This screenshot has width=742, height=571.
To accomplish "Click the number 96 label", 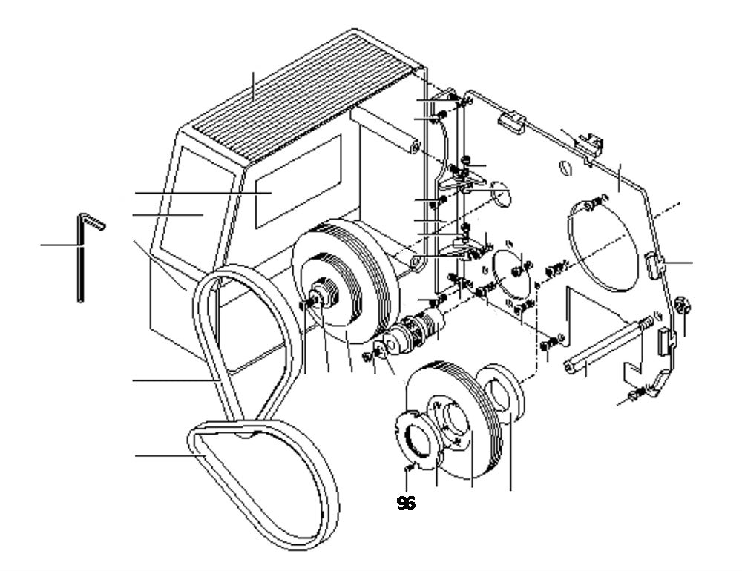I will (x=406, y=504).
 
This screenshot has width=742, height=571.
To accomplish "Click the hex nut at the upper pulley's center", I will (x=325, y=292).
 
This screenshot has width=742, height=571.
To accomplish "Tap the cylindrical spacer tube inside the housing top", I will (x=385, y=129).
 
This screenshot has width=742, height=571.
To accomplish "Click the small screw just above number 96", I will (x=410, y=469).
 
